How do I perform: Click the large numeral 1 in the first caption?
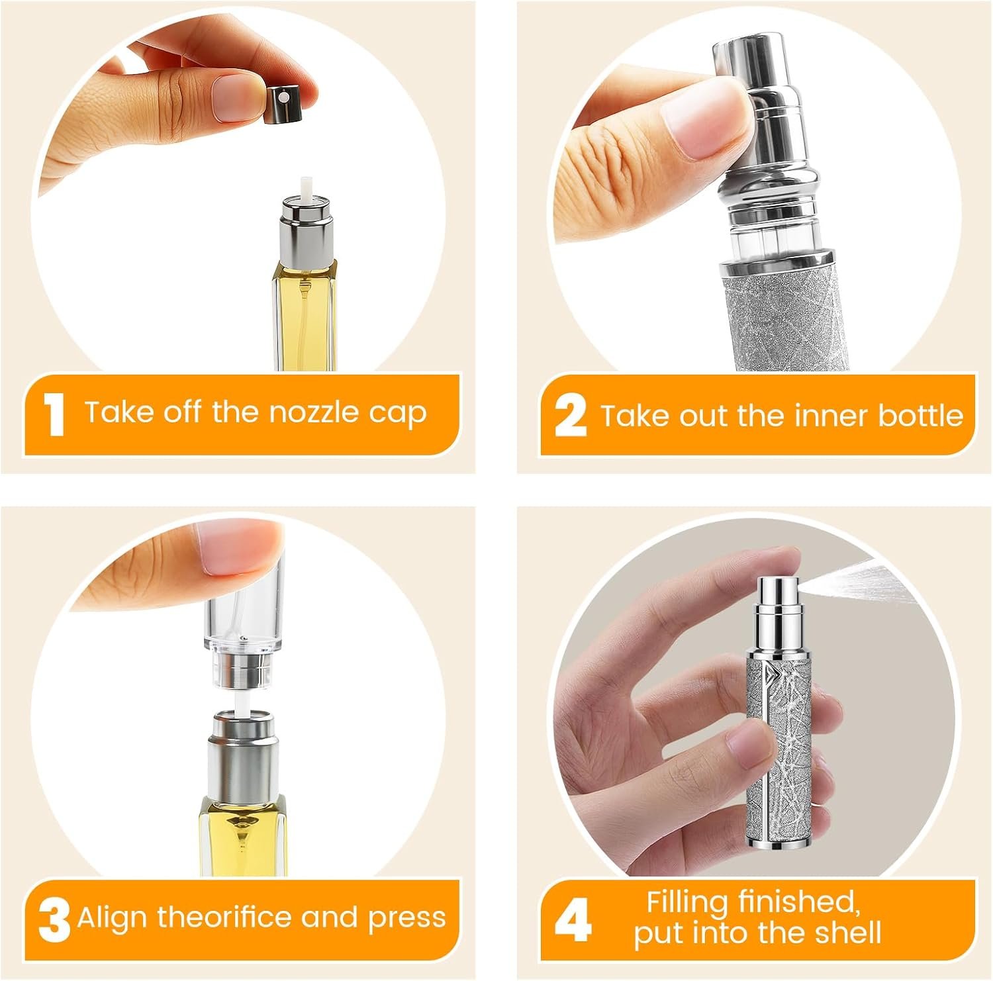pyautogui.click(x=54, y=415)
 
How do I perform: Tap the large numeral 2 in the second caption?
pyautogui.click(x=570, y=415)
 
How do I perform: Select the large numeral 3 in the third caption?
pyautogui.click(x=54, y=921)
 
